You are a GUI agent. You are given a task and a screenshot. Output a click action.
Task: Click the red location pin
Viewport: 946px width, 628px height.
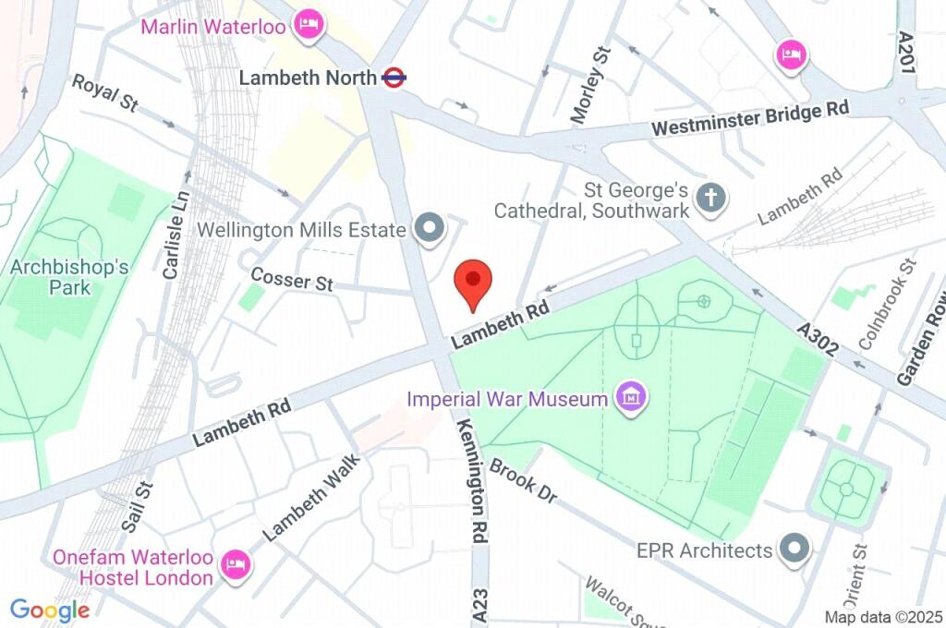point(474,283)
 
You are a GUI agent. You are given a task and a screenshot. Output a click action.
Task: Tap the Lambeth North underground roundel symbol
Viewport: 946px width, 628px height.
point(394,78)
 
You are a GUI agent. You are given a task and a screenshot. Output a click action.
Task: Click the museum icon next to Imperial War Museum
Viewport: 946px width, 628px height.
point(633,399)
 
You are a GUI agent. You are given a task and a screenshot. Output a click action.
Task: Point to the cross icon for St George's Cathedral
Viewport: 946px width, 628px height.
point(710,198)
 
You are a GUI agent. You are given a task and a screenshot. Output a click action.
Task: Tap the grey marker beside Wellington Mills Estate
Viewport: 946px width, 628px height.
point(428,230)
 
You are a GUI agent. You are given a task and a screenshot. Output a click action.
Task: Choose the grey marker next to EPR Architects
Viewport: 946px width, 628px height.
point(794,550)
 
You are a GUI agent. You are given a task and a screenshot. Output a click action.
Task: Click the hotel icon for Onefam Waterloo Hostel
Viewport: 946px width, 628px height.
point(237,564)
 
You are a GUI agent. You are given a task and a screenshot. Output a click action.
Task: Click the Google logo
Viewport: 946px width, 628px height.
point(50,610)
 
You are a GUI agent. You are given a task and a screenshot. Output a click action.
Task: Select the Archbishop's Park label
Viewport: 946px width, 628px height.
point(69,277)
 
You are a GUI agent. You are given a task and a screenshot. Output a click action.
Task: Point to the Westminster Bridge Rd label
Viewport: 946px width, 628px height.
point(750,118)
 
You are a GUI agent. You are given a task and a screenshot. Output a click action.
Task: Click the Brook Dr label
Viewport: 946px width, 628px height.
point(524,480)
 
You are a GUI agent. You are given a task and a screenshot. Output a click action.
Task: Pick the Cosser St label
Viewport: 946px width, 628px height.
point(292,279)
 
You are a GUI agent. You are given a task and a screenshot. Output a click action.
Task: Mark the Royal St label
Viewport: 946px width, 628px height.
point(105,93)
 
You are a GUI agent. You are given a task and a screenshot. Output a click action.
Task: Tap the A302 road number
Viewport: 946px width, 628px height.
point(819,340)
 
